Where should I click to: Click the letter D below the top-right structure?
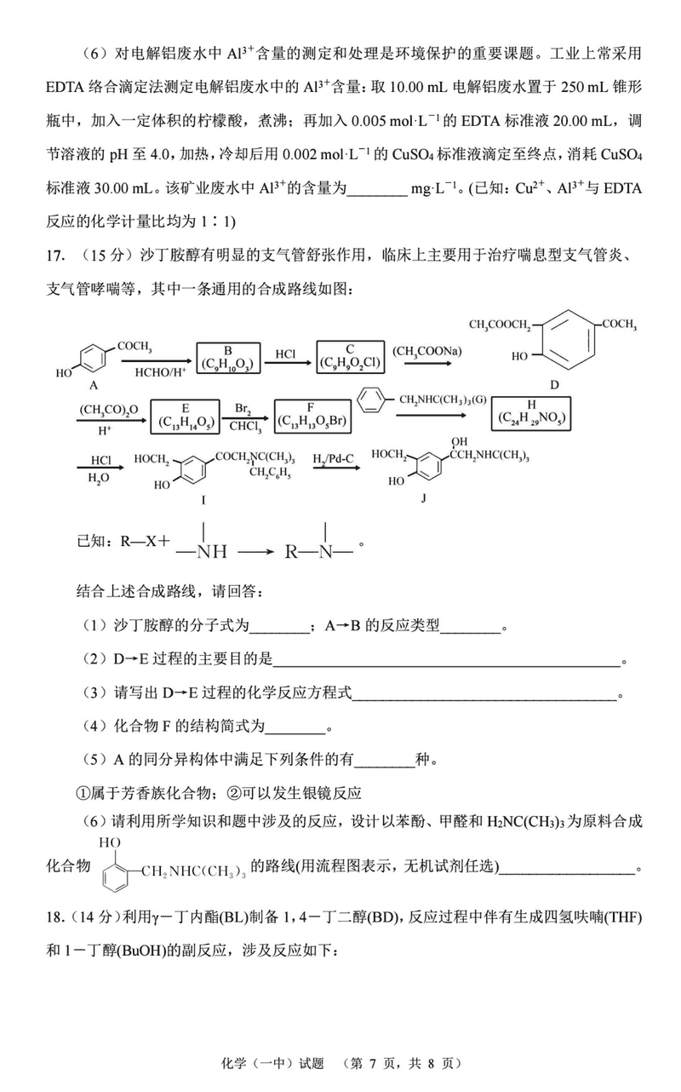tap(554, 385)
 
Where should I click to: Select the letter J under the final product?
tap(422, 500)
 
